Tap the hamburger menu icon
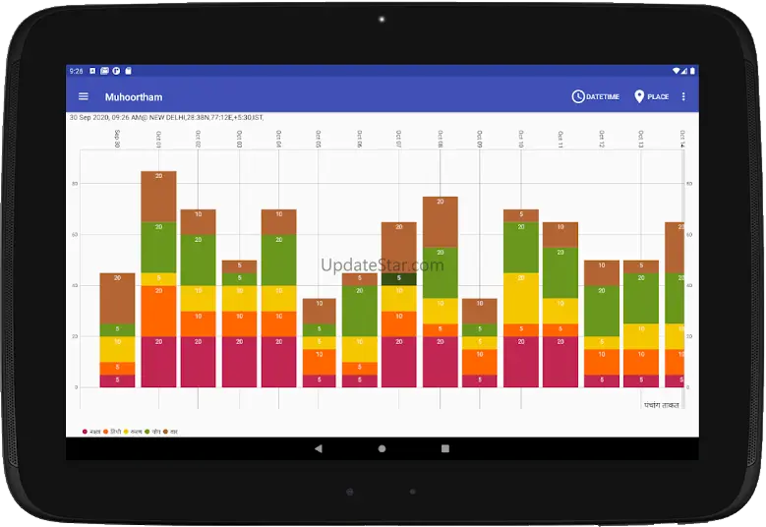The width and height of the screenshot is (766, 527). (84, 96)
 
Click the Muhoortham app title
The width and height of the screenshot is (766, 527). (134, 97)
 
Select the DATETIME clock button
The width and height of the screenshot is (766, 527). (596, 96)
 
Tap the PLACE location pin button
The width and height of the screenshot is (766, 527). (652, 96)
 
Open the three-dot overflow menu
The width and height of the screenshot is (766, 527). (684, 96)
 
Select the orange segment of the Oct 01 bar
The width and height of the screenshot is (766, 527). (158, 311)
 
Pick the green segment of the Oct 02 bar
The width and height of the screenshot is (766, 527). (198, 260)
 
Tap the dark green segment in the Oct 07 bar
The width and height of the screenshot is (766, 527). (399, 278)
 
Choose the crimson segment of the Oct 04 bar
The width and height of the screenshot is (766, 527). (279, 361)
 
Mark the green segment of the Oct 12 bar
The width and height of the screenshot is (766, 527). (601, 311)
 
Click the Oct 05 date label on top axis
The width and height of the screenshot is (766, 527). (319, 139)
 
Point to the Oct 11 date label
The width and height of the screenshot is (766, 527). (560, 139)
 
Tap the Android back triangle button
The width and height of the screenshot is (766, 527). (319, 448)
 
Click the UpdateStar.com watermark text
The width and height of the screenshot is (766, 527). (383, 265)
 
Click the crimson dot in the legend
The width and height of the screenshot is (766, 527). (86, 432)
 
